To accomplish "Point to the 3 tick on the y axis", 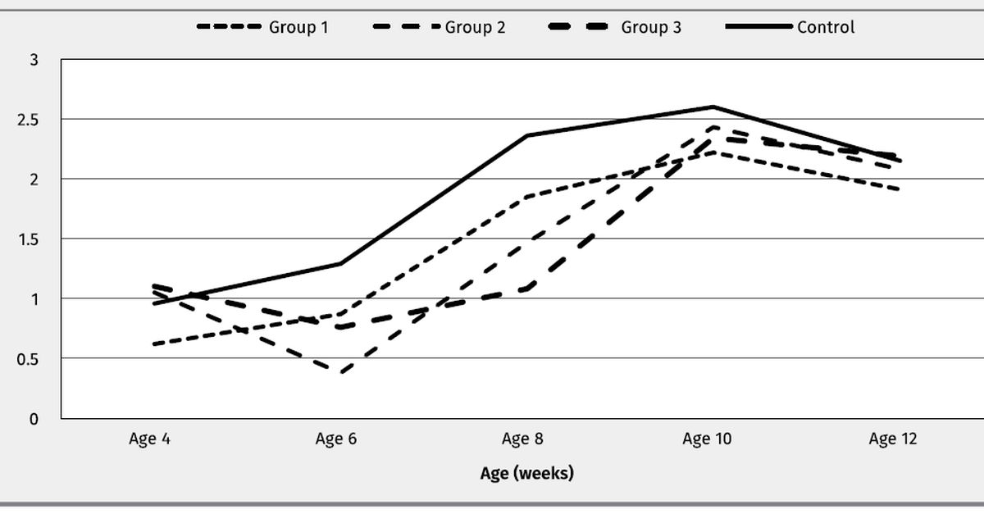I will point(34,60).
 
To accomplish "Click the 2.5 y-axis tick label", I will point(29,120).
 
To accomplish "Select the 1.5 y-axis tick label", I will point(29,239).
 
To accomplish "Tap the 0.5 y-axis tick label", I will point(29,358).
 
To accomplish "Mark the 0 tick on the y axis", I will point(34,418).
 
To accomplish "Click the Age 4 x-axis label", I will point(149,439).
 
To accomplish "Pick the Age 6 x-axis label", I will point(335,439).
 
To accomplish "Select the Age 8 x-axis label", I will point(522,439).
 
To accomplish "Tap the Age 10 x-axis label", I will point(707,439).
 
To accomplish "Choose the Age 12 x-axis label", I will point(893,439).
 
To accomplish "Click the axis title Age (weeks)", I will point(526,473).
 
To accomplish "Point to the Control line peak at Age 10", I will point(713,107).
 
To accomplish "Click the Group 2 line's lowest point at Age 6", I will point(339,372).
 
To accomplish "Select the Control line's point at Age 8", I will point(526,135).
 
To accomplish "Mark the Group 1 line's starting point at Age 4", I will point(153,344).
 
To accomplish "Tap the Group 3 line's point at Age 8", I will point(526,289).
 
